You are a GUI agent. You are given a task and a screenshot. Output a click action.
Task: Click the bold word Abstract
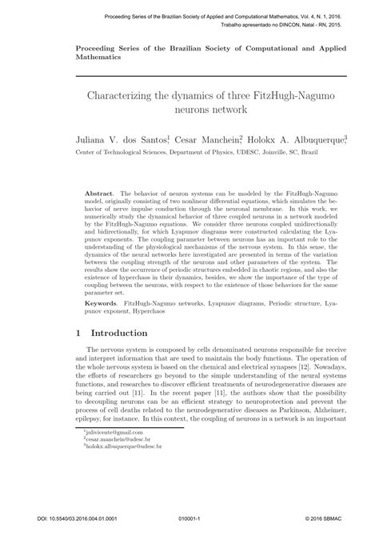(100, 194)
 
